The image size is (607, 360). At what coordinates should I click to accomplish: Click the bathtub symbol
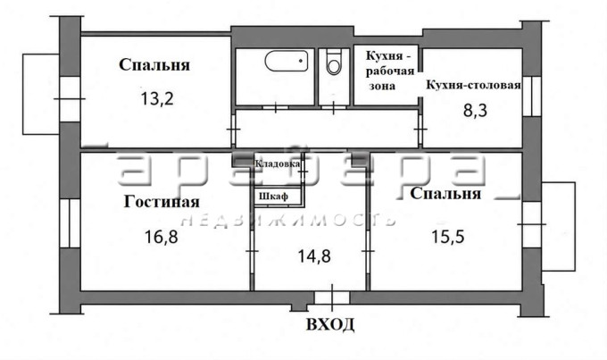pyautogui.click(x=287, y=61)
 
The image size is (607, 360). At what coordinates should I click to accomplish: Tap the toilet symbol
pyautogui.click(x=333, y=62)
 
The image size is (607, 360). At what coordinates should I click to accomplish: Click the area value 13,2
pyautogui.click(x=157, y=99)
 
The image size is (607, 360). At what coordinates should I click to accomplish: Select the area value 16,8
pyautogui.click(x=161, y=237)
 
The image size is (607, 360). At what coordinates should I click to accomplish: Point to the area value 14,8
pyautogui.click(x=314, y=256)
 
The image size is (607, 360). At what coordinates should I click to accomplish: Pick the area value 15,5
pyautogui.click(x=448, y=236)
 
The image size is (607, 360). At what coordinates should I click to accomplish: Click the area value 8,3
pyautogui.click(x=476, y=111)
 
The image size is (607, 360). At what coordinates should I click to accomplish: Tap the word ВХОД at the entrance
pyautogui.click(x=330, y=324)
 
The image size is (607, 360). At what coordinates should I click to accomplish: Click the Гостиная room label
pyautogui.click(x=162, y=202)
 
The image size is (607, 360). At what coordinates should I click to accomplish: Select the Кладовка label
pyautogui.click(x=278, y=163)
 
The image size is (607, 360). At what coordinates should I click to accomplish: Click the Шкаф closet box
pyautogui.click(x=278, y=196)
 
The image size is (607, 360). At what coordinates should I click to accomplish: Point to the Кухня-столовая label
pyautogui.click(x=473, y=85)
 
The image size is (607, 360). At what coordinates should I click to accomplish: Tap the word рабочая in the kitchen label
pyautogui.click(x=390, y=71)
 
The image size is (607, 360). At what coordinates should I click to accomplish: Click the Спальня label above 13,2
pyautogui.click(x=154, y=64)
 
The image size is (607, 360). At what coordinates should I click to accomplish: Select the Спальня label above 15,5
pyautogui.click(x=445, y=193)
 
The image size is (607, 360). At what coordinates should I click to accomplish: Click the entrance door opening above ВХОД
pyautogui.click(x=332, y=297)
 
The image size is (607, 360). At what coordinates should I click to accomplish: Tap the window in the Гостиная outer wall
pyautogui.click(x=70, y=223)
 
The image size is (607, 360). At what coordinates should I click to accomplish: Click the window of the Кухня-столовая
pyautogui.click(x=532, y=96)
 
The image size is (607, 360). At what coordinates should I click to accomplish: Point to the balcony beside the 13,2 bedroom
pyautogui.click(x=41, y=94)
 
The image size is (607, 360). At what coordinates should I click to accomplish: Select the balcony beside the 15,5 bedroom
pyautogui.click(x=558, y=226)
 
